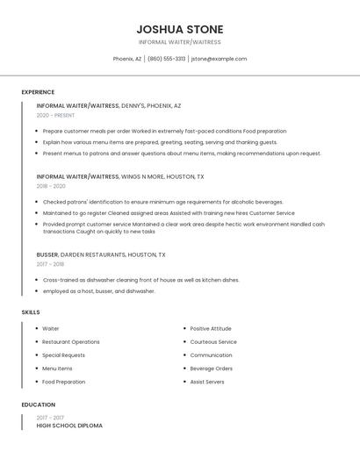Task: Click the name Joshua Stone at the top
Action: [x=180, y=29]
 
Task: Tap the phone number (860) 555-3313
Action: [x=166, y=59]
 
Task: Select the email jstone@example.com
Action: [x=219, y=59]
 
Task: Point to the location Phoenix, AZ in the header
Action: [x=127, y=59]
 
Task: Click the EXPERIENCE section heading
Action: [x=38, y=92]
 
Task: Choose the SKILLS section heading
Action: [x=30, y=311]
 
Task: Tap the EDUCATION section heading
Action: [x=38, y=404]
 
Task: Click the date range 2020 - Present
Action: [x=55, y=115]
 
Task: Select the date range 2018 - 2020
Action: [x=51, y=186]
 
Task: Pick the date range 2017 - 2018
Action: [x=50, y=263]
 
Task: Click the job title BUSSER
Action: [x=47, y=254]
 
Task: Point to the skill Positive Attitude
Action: [x=211, y=328]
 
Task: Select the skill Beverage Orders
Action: [x=212, y=368]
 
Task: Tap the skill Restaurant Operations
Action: [x=71, y=341]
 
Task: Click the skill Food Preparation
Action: [x=64, y=382]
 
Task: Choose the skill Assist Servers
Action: [x=207, y=382]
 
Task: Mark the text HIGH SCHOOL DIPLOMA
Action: [x=69, y=426]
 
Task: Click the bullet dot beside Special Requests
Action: [x=37, y=355]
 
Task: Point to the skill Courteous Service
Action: [x=213, y=341]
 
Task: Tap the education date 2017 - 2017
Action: [x=50, y=418]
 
